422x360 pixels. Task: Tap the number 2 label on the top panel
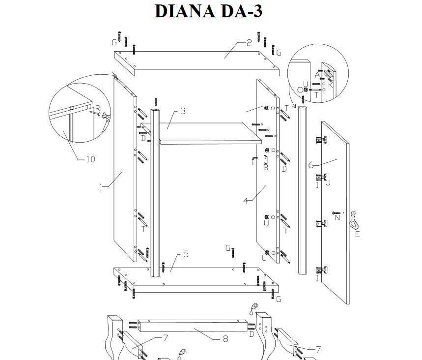tap(249, 43)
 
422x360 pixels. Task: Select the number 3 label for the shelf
tap(182, 111)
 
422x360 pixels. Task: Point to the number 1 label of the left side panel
tap(101, 187)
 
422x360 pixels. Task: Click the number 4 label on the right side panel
tap(245, 200)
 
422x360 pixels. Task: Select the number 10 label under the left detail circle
tap(90, 159)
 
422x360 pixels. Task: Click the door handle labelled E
tap(354, 219)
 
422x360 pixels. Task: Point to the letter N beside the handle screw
tap(337, 218)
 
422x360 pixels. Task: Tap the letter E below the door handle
tap(357, 234)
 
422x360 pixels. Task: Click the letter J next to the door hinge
tap(328, 183)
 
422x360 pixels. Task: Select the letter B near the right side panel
tap(266, 168)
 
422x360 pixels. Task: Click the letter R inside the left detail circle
tap(97, 108)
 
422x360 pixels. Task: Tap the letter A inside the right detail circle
tap(317, 75)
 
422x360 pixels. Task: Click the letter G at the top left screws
tap(114, 41)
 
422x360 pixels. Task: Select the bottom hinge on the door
tap(320, 270)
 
